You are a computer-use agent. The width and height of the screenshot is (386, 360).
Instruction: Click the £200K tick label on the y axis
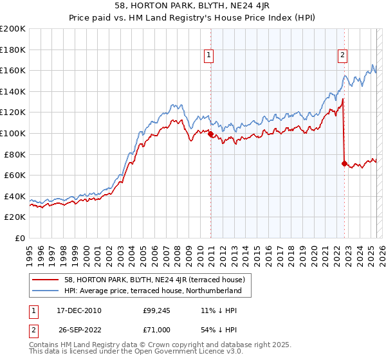(x=13, y=29)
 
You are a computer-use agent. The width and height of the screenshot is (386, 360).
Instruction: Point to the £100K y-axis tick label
(x=13, y=133)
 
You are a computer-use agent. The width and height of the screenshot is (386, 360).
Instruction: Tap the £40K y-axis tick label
(x=15, y=196)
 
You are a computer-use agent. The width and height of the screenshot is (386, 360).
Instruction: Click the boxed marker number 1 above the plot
(x=210, y=56)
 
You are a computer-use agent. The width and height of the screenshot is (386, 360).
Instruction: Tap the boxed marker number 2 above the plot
(x=343, y=56)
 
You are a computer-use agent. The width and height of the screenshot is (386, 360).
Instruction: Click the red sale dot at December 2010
(x=210, y=134)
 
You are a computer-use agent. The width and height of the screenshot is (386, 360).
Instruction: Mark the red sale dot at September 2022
(x=345, y=164)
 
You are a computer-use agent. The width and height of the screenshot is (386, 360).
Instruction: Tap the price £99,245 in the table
(x=156, y=310)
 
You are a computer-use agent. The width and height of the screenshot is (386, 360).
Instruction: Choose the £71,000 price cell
(x=156, y=330)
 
